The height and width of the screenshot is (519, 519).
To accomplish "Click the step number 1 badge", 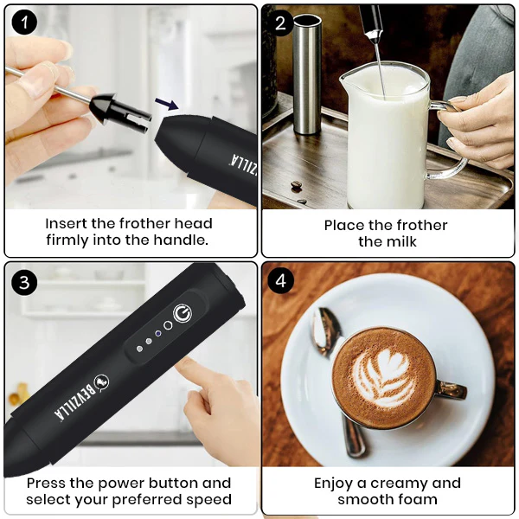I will (x=24, y=23).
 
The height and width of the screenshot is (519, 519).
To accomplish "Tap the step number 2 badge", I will (x=281, y=23).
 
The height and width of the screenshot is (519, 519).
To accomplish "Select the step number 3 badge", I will (x=24, y=282).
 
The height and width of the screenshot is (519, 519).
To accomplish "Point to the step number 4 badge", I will (x=281, y=282).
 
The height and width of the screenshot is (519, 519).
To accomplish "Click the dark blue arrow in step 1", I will (x=168, y=104).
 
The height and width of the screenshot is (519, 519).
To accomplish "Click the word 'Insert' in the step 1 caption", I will (x=66, y=223).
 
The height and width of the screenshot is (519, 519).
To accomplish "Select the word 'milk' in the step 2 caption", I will (x=400, y=241).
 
